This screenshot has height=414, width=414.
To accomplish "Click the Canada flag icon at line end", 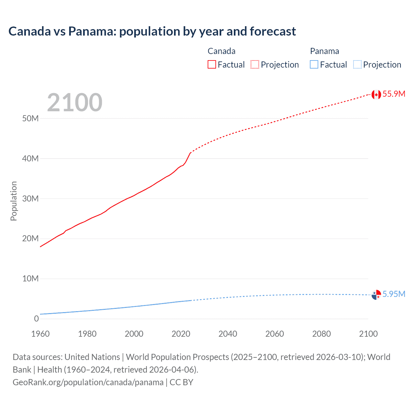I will pyautogui.click(x=376, y=94).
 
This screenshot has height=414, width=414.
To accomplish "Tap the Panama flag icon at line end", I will pyautogui.click(x=376, y=295).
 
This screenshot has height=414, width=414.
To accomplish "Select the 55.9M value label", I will pyautogui.click(x=394, y=94).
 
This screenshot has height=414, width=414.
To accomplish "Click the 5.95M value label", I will pyautogui.click(x=394, y=294).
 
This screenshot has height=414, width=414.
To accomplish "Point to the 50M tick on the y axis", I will pyautogui.click(x=30, y=119).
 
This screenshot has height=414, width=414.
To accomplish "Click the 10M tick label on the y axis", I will pyautogui.click(x=30, y=279).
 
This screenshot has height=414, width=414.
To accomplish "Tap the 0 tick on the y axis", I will pyautogui.click(x=36, y=319).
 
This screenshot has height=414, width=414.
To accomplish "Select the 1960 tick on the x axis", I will pyautogui.click(x=40, y=334).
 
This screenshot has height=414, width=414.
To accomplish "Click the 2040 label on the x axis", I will pyautogui.click(x=228, y=334).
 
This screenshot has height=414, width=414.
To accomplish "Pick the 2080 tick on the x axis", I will pyautogui.click(x=321, y=334).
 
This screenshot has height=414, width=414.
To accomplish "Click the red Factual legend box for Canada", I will pyautogui.click(x=212, y=65).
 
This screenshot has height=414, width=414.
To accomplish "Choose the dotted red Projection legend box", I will pyautogui.click(x=255, y=65).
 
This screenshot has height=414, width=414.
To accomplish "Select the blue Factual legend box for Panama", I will pyautogui.click(x=314, y=65).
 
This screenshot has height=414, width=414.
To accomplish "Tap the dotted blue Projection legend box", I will pyautogui.click(x=357, y=65).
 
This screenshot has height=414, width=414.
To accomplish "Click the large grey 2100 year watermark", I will pyautogui.click(x=75, y=103).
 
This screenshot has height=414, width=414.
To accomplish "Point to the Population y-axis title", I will pyautogui.click(x=14, y=201).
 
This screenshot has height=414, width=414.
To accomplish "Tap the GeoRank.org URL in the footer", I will pyautogui.click(x=88, y=382).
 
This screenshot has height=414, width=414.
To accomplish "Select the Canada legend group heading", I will pyautogui.click(x=221, y=51).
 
